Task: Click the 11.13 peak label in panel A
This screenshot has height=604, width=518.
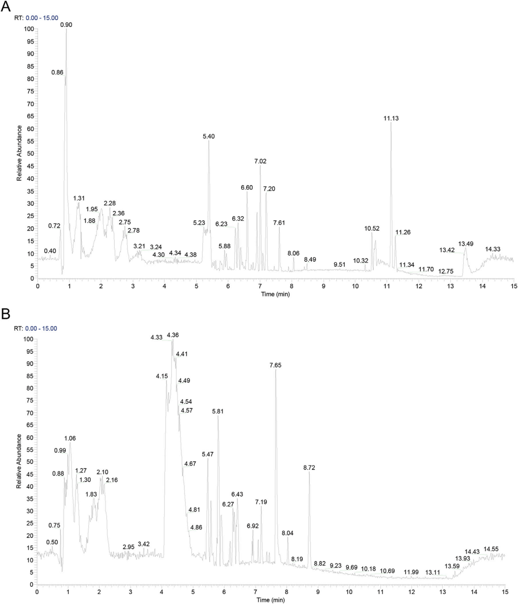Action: pos(391,118)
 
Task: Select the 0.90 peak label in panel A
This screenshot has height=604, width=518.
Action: pos(66,24)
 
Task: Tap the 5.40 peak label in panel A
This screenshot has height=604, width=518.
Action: pos(209,136)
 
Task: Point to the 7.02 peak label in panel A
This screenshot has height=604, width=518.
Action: pos(260,161)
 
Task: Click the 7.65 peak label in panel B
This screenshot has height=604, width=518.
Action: pos(275,365)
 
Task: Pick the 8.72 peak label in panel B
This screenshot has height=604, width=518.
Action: pos(309,467)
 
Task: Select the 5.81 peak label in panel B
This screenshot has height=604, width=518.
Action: pos(218,411)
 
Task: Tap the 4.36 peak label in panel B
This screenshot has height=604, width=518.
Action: pos(173,335)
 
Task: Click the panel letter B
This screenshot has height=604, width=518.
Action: pos(6,314)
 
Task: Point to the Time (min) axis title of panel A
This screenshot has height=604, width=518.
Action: pos(275,294)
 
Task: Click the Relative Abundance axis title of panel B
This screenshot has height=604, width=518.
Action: pos(19,461)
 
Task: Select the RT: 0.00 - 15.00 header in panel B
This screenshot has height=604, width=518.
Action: pos(36,329)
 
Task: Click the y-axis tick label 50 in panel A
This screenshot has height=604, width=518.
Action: pos(30,154)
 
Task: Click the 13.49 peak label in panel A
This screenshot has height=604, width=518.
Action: pos(466,244)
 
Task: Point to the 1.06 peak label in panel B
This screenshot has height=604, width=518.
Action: pos(70,438)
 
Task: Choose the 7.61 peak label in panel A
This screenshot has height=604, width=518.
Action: pos(279,223)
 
